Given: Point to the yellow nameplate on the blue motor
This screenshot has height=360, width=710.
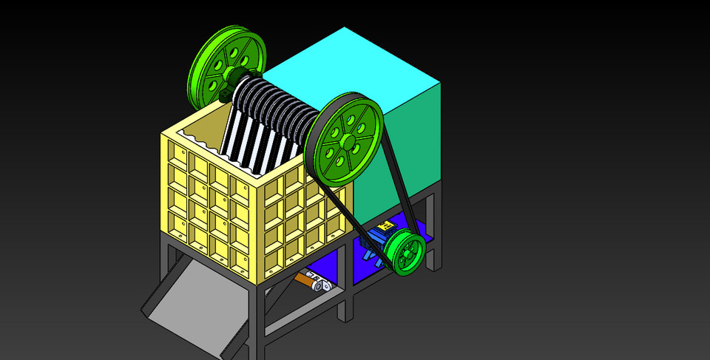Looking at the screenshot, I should [x=384, y=226].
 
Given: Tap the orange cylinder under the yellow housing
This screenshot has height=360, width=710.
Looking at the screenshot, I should [x=305, y=279].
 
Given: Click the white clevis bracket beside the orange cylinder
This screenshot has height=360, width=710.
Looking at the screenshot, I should [x=322, y=285].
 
